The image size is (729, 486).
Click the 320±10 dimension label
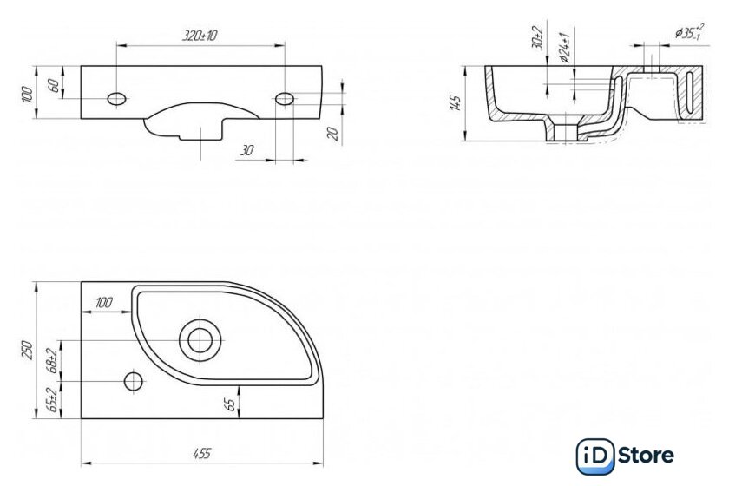200,36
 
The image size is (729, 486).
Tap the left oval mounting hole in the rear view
116,99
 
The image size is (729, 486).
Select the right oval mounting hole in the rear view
285,99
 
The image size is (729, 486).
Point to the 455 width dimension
201,453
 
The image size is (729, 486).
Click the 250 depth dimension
28,351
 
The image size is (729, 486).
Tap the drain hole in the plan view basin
200,340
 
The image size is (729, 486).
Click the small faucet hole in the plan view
134,381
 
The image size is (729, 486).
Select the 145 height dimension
456,102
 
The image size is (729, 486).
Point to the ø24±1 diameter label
565,48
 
